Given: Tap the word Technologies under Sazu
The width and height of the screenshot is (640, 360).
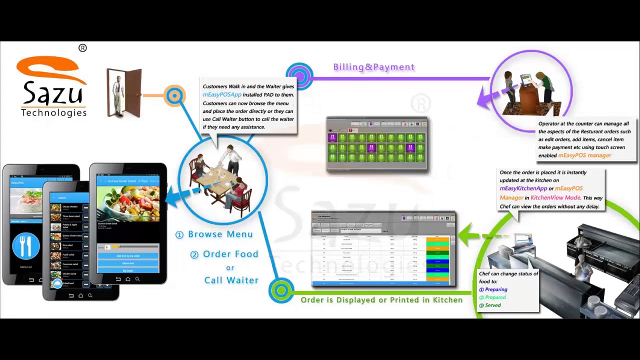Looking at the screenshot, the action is coord(53,112).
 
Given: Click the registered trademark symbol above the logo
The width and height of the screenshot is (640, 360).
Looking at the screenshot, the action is coord(82,48).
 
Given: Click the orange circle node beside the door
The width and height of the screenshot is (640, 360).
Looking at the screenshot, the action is coord(174,95).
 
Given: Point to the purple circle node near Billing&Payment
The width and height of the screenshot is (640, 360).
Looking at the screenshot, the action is coord(299,76).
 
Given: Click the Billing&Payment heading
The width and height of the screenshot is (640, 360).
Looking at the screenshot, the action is coord(374,67).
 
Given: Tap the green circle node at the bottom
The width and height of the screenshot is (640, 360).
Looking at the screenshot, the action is coord(281,290).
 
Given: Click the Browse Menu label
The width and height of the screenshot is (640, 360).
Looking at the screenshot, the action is coord(220,234).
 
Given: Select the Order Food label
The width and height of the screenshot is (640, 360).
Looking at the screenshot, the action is coord(230,254).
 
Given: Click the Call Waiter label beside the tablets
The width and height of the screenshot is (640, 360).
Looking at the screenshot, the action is coord(231,280).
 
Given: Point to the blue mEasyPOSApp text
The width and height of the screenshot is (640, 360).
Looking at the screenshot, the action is coord(222,94).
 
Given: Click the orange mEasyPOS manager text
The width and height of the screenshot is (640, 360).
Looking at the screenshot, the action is coord(584,155).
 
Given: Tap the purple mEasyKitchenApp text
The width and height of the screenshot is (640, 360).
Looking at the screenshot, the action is coord(523,188).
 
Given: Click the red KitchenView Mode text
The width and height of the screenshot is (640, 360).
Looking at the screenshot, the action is coord(555,197).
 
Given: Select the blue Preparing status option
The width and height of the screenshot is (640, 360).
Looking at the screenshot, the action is coord(495,289).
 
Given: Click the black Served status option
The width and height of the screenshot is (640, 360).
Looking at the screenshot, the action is coord(492,305).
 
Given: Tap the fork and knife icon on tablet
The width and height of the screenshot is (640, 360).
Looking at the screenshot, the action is coord(26,246).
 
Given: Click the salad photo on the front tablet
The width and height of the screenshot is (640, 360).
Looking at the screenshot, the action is coord(128,202).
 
